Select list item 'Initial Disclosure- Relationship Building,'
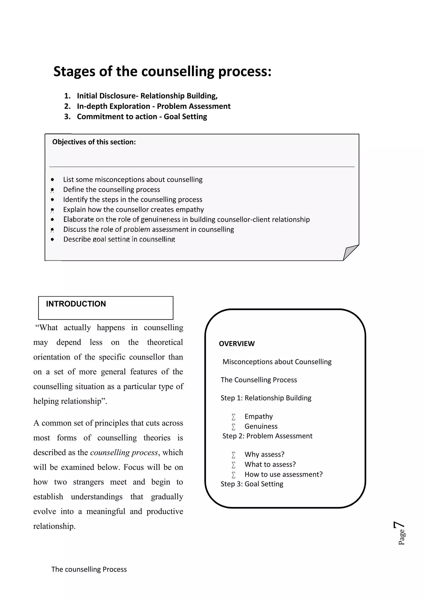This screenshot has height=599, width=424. click(147, 96)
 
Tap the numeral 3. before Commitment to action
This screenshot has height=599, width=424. click(67, 117)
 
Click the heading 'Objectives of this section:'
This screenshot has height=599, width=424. click(94, 142)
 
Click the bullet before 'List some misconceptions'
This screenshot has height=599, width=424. click(52, 180)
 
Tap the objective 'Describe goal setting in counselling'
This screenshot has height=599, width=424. click(119, 239)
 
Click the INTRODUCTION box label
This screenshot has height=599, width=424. click(76, 304)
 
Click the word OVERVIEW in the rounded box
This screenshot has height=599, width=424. click(237, 344)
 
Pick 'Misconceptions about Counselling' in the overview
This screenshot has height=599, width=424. click(277, 362)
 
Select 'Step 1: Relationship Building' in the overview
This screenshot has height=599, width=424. click(266, 398)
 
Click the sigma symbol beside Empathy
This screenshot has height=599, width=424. click(233, 417)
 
